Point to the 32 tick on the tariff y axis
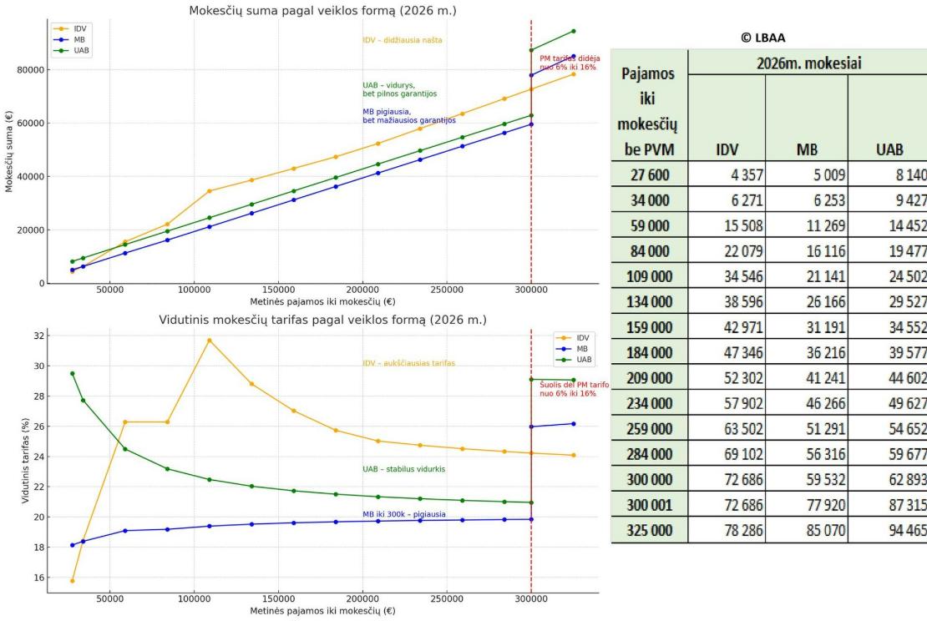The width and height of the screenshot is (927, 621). pyautogui.click(x=36, y=336)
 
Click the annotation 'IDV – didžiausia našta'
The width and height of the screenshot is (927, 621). pyautogui.click(x=402, y=40)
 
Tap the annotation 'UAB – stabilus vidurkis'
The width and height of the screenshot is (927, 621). pyautogui.click(x=403, y=469)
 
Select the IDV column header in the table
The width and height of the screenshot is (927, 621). pyautogui.click(x=726, y=150)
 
